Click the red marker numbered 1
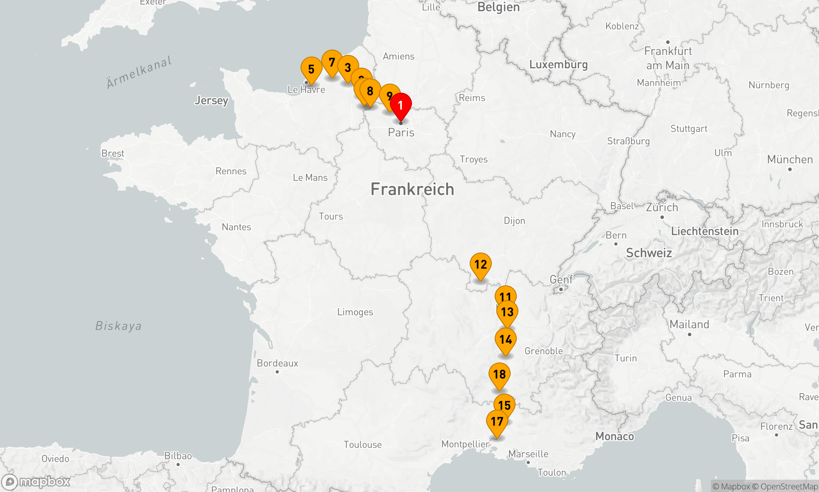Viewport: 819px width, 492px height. click(400, 105)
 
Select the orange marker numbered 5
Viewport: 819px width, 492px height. click(311, 69)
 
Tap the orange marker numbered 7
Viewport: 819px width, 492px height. click(332, 62)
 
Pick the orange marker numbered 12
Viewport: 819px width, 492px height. click(480, 265)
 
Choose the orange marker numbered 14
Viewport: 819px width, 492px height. click(506, 340)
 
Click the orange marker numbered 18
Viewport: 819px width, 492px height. click(500, 374)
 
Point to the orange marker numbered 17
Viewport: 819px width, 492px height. click(497, 421)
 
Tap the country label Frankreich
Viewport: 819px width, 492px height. click(412, 189)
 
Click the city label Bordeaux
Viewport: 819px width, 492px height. click(277, 363)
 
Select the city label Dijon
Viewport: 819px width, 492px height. click(514, 221)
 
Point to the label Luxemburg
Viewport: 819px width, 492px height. click(558, 65)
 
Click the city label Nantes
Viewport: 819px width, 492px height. click(236, 227)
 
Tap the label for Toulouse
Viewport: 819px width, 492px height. click(362, 445)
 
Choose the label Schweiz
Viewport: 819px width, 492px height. click(649, 253)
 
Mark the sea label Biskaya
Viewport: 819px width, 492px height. click(118, 326)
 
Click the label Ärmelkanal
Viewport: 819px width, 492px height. click(139, 73)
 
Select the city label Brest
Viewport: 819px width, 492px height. click(113, 153)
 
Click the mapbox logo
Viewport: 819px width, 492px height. click(36, 482)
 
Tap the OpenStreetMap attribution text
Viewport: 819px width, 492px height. click(789, 487)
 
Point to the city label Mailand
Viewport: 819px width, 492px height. click(689, 325)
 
